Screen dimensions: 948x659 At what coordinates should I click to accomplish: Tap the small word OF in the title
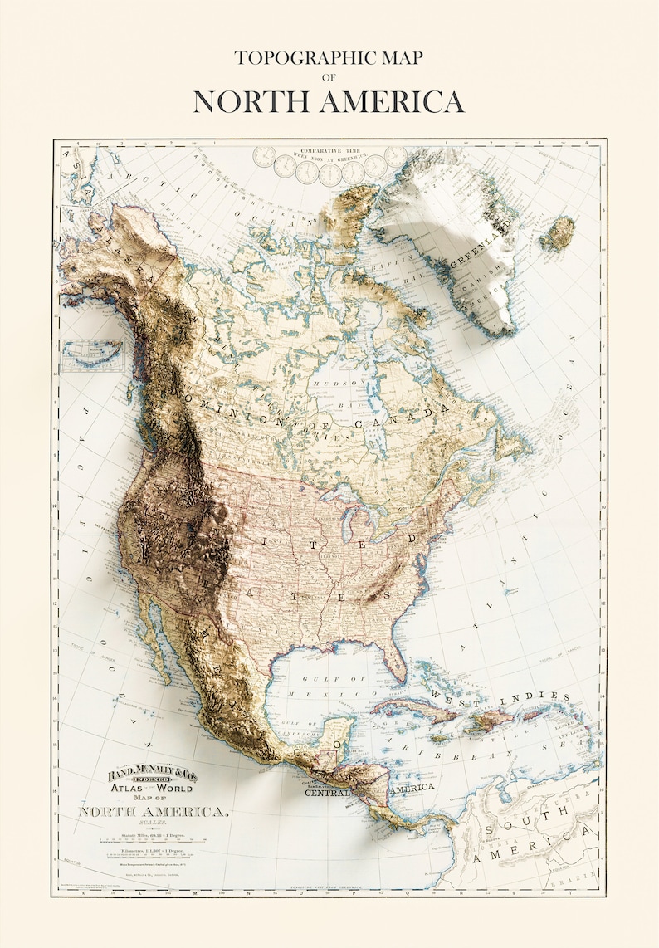329,77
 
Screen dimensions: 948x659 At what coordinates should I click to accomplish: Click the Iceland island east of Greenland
558,233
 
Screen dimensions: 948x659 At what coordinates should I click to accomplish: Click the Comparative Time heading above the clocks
329,154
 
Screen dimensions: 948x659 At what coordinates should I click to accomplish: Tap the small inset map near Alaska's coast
91,356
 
